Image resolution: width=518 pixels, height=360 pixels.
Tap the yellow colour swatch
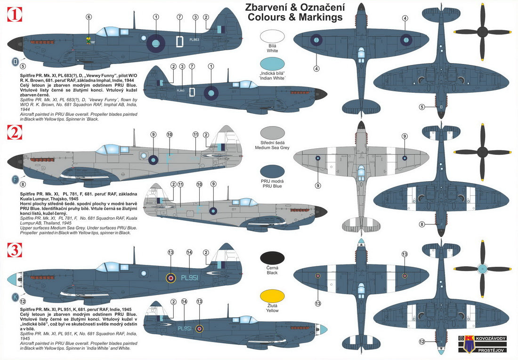pyautogui.click(x=272, y=298)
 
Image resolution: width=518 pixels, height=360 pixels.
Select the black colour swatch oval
pyautogui.click(x=272, y=257)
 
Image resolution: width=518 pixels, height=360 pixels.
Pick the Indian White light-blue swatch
pyautogui.click(x=272, y=65)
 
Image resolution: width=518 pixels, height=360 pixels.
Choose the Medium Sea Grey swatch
pyautogui.click(x=272, y=134)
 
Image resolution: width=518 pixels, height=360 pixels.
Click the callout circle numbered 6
pyautogui.click(x=89, y=17)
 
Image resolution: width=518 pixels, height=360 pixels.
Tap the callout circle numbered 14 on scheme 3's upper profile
pyautogui.click(x=189, y=253)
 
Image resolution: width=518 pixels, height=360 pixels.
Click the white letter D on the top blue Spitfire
pyautogui.click(x=179, y=42)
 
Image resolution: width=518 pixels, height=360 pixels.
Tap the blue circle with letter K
pyautogui.click(x=16, y=297)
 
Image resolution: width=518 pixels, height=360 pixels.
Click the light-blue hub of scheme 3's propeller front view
pyautogui.click(x=482, y=269)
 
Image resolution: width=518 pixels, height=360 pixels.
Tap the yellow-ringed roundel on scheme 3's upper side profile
pyautogui.click(x=170, y=278)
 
